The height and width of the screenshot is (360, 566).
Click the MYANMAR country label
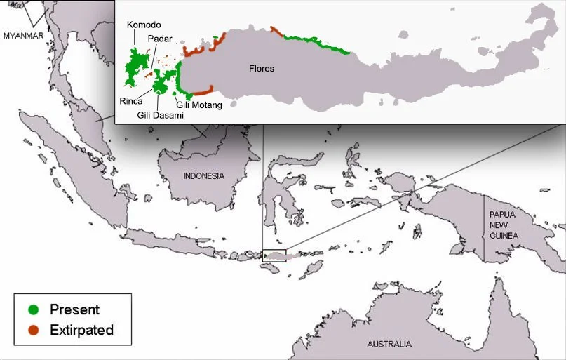point(23,34)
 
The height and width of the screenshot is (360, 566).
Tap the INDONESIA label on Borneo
point(203,175)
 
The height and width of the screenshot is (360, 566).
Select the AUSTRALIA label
point(389,345)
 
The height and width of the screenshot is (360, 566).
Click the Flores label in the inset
point(261,69)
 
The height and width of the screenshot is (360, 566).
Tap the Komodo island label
point(144,25)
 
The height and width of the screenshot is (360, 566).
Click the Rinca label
point(131,101)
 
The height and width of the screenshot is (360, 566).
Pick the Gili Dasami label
point(160,114)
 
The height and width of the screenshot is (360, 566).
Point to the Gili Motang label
point(198,105)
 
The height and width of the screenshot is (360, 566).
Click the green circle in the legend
point(33,309)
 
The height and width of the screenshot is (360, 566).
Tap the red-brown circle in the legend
point(33,330)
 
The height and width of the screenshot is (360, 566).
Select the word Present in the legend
point(74,309)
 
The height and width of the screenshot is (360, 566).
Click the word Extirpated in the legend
point(81,330)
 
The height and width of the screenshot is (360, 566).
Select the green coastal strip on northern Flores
point(316,44)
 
